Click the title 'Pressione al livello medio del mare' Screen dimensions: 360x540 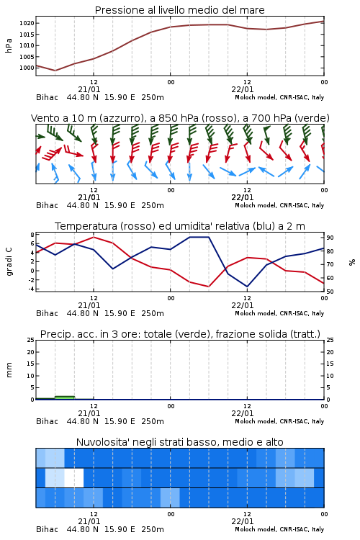click(x=180, y=10)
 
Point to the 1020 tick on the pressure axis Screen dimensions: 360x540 click(x=27, y=24)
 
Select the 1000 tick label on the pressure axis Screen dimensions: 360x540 click(x=27, y=68)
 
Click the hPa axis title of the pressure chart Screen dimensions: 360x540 click(x=9, y=46)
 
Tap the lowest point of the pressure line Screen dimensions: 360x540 click(x=55, y=71)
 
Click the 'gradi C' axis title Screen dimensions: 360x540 click(x=9, y=262)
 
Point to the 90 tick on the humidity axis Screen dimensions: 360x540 click(x=330, y=238)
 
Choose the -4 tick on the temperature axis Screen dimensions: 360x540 click(x=32, y=289)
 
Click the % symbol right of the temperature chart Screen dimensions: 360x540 click(x=352, y=262)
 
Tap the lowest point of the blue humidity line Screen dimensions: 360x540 click(x=247, y=287)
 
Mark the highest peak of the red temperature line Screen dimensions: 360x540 click(x=94, y=237)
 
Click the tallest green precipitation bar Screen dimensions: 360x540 click(x=65, y=397)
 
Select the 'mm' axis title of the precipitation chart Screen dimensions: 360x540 click(x=9, y=370)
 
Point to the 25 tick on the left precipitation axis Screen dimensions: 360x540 click(x=31, y=340)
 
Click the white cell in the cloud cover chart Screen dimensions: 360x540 click(x=74, y=478)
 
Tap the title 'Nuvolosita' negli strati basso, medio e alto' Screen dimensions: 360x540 click(x=180, y=442)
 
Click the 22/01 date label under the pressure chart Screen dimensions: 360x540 click(x=243, y=89)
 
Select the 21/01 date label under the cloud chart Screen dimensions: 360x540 click(x=89, y=521)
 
